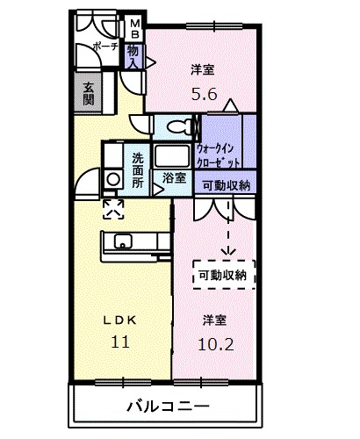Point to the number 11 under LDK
point(119,342)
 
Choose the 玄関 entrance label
point(89,93)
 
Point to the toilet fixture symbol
point(176,126)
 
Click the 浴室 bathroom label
point(174,178)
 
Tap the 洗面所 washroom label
point(139,170)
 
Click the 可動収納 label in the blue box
point(225,185)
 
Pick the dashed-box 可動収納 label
point(223,275)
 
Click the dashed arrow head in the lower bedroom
point(229,253)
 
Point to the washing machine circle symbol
point(112,179)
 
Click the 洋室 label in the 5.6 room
point(203,68)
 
